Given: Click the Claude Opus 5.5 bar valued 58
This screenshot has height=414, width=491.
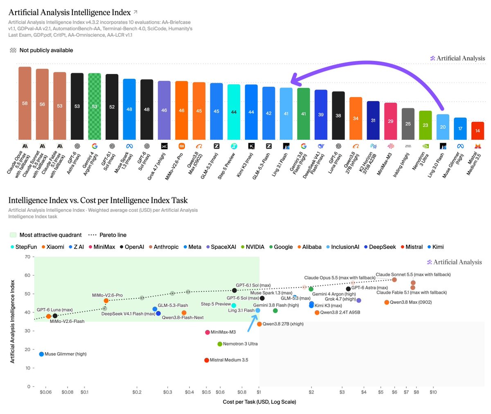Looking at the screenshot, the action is (25, 103).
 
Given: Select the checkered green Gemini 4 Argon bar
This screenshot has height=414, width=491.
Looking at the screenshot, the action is (94, 106).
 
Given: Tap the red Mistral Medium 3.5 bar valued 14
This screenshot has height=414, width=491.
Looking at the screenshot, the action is (477, 131).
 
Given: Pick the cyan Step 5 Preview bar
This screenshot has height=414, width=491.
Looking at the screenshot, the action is (234, 112).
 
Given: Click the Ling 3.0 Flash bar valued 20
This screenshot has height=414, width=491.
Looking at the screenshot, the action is (442, 127).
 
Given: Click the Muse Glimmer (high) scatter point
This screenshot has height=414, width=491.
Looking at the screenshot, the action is (41, 354).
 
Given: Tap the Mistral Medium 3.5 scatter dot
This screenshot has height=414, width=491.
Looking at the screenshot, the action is (207, 360).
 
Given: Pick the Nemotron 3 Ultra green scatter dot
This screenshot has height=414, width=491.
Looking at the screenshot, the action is (220, 344).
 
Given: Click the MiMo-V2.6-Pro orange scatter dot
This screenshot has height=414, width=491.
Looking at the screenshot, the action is (106, 300).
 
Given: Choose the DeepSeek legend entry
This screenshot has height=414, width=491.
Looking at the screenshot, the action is (380, 247).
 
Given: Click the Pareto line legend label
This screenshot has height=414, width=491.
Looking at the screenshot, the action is (113, 235).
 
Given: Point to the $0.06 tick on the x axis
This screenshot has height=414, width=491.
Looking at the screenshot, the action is (45, 392).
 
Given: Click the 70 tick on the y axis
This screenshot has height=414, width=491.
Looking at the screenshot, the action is (27, 257).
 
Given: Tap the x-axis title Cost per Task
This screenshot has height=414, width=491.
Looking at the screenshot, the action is (259, 402).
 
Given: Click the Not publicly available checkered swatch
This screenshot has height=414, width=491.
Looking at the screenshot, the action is (13, 50).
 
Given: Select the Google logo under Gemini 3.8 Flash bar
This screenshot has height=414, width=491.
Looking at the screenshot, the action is (303, 146).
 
